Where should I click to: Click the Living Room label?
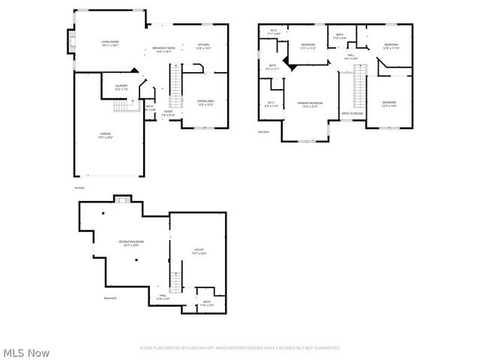pyautogui.click(x=109, y=43)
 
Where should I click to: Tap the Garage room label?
pyautogui.click(x=106, y=136)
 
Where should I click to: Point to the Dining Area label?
pyautogui.click(x=205, y=103)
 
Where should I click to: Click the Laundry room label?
pyautogui.click(x=121, y=87)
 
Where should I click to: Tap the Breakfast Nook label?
pyautogui.click(x=163, y=49)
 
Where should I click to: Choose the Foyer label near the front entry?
pyautogui.click(x=169, y=113)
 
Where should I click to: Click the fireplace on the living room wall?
pyautogui.click(x=72, y=43)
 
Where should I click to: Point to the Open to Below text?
pyautogui.click(x=352, y=113)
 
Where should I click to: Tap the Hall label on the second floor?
pyautogui.click(x=351, y=56)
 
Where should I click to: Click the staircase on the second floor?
pyautogui.click(x=358, y=86)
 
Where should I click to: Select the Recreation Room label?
pyautogui.click(x=131, y=243)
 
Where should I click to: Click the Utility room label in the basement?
pyautogui.click(x=199, y=251)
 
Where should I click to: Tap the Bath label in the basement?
pyautogui.click(x=206, y=304)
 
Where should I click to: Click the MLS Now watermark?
pyautogui.click(x=27, y=352)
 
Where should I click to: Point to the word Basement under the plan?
pyautogui.click(x=111, y=298)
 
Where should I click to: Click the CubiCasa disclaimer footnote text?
pyautogui.click(x=240, y=348)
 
